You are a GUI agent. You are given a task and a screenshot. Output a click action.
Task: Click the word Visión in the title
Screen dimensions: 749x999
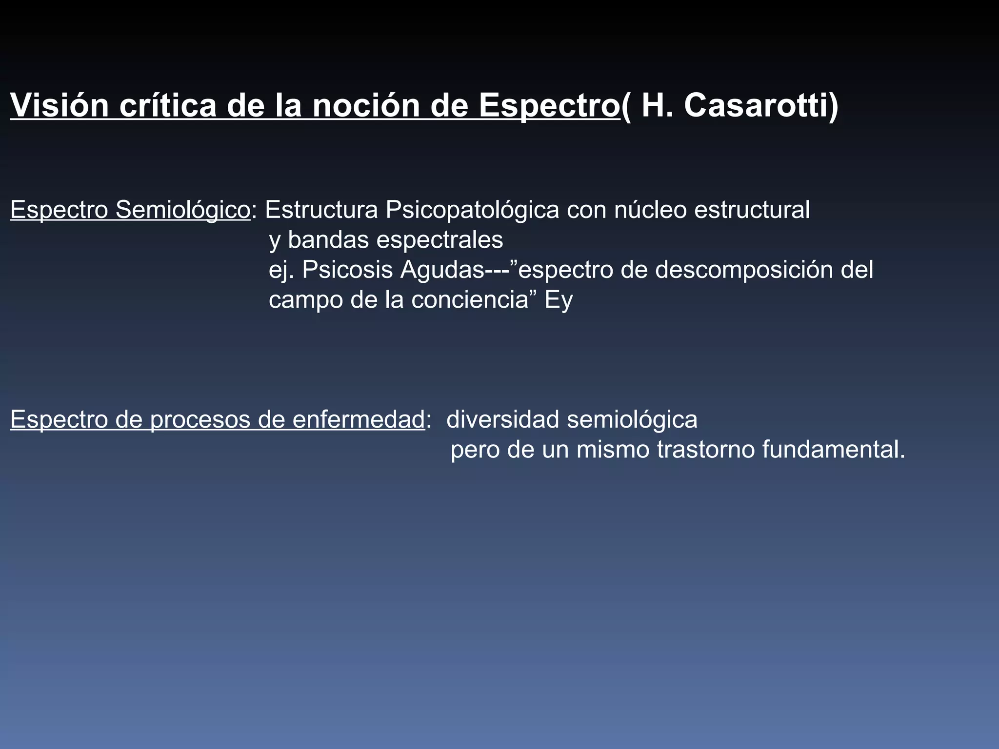59,105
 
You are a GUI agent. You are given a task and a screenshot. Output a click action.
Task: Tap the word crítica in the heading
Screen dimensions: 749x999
167,105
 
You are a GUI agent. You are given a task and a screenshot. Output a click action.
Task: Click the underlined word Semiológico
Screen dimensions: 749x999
182,210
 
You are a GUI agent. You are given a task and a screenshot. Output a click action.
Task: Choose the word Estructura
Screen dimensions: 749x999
321,210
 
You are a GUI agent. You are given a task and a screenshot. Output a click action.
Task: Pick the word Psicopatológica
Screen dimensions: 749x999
472,210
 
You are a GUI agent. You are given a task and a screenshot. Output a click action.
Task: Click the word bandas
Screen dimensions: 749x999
328,239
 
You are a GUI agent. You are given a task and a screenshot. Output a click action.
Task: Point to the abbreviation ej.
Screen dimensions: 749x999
281,270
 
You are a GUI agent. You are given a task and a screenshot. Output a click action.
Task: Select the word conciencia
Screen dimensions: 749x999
470,299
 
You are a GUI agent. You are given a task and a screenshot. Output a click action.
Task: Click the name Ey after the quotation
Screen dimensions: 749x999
559,300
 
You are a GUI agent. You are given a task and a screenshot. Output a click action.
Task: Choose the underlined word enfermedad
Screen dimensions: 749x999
359,419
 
